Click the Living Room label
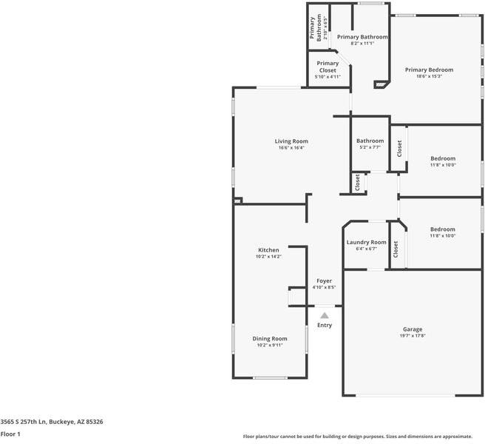pyautogui.click(x=291, y=141)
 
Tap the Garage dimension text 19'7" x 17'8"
pyautogui.click(x=412, y=336)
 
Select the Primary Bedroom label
pyautogui.click(x=429, y=70)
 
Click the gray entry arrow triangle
pyautogui.click(x=324, y=315)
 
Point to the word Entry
pyautogui.click(x=325, y=325)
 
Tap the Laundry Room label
pyautogui.click(x=366, y=242)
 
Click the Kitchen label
pyautogui.click(x=268, y=250)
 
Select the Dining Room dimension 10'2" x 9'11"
pyautogui.click(x=270, y=345)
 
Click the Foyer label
pyautogui.click(x=324, y=281)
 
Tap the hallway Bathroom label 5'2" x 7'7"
pyautogui.click(x=370, y=141)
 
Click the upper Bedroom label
pyautogui.click(x=443, y=158)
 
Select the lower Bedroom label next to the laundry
pyautogui.click(x=443, y=229)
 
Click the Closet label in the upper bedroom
pyautogui.click(x=398, y=148)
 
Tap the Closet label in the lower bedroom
pyautogui.click(x=396, y=249)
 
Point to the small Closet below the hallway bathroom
pyautogui.click(x=357, y=182)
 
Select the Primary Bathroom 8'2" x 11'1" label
pyautogui.click(x=362, y=36)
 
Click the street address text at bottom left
pyautogui.click(x=52, y=421)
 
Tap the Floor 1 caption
pyautogui.click(x=10, y=434)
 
